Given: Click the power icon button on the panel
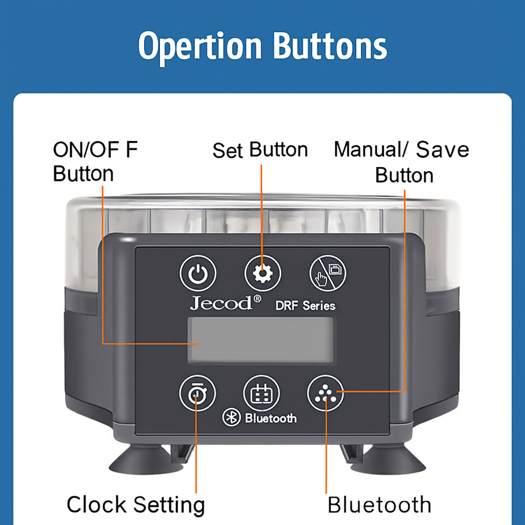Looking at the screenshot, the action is click(198, 273).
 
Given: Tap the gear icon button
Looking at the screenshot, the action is click(263, 273).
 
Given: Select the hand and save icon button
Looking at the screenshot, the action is click(328, 273).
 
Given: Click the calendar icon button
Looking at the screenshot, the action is click(261, 393).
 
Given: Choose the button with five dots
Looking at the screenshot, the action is click(326, 393).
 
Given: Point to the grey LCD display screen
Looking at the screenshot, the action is click(261, 339).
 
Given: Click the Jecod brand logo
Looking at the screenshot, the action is click(221, 302).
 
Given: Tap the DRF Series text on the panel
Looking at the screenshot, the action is click(306, 306).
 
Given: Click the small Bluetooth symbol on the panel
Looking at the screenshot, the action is click(231, 417).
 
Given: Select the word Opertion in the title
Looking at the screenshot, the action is click(200, 47).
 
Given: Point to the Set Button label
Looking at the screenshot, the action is click(260, 150).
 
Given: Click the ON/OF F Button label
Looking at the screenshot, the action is click(95, 161).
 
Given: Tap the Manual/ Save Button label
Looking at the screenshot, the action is click(401, 162).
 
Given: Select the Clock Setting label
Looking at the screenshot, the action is click(135, 506).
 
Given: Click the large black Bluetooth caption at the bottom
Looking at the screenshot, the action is click(379, 504).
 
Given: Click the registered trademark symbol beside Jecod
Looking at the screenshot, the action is click(257, 298).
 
